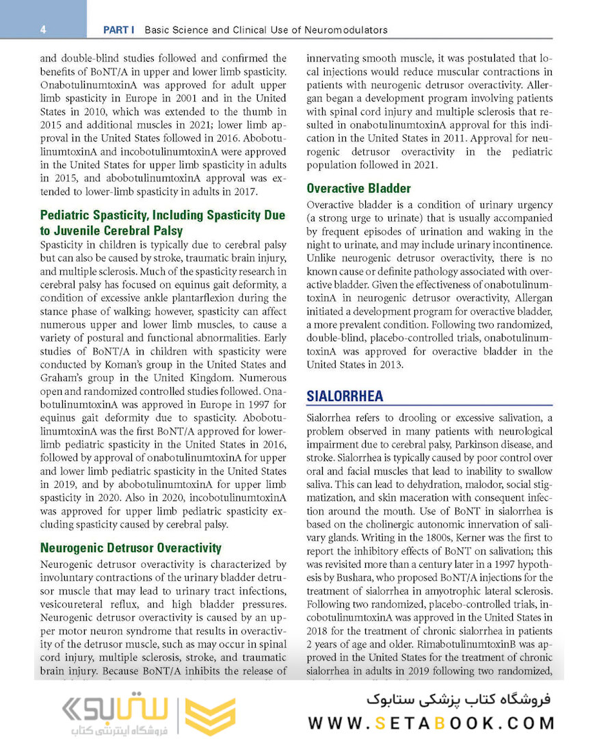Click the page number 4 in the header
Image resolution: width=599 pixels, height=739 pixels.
coord(43,29)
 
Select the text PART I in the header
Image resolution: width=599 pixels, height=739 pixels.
coord(118,30)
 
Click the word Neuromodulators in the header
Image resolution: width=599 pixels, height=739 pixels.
coord(349,30)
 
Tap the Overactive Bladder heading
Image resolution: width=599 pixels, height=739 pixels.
coord(358,188)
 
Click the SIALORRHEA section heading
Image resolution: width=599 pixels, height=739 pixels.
coord(345,396)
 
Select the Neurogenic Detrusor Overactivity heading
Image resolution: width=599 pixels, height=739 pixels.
coord(131,547)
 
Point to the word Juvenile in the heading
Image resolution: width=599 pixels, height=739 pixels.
coord(89,231)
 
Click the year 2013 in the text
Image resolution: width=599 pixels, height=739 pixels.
coord(390,365)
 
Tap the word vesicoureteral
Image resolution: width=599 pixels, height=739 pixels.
coord(73,604)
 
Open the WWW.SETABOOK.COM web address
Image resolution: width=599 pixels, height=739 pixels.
coord(431,723)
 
